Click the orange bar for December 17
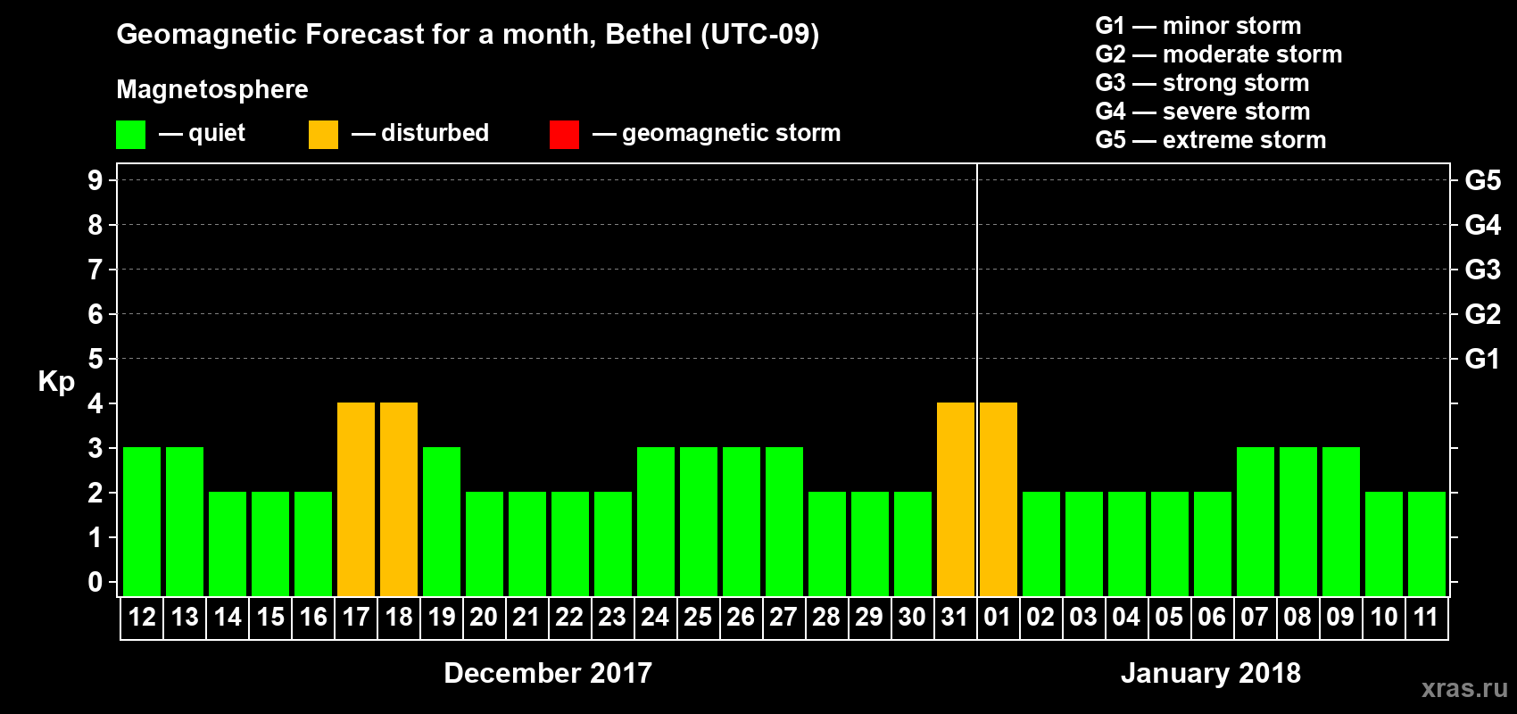click(356, 499)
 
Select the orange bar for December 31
click(956, 499)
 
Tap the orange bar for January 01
click(999, 499)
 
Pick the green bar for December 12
click(142, 521)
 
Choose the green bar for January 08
click(1298, 521)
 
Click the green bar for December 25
click(699, 521)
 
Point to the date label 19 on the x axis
click(442, 617)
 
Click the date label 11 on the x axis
click(1426, 617)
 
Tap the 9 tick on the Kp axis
click(95, 180)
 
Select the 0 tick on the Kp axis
click(95, 582)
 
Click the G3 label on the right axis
click(1482, 270)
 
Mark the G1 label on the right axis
click(1482, 359)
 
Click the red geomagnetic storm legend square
click(564, 135)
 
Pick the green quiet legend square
click(130, 135)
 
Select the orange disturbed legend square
click(323, 135)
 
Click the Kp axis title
click(56, 381)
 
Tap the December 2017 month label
click(548, 672)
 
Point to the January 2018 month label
click(1210, 672)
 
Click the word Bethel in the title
click(649, 34)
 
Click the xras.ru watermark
click(1464, 688)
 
